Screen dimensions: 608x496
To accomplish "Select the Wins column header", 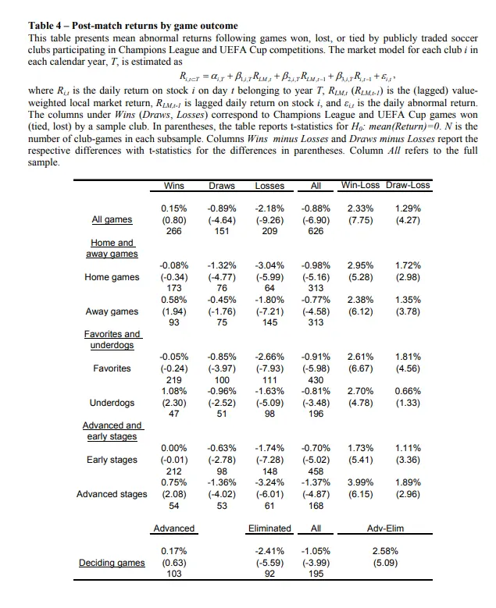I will [173, 186].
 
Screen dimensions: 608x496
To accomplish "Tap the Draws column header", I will [222, 186].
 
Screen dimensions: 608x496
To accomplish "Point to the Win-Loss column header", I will [360, 186].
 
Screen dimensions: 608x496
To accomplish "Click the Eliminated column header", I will [269, 528].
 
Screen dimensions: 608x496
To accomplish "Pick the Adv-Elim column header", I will [384, 528].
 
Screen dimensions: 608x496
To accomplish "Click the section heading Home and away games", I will [112, 248].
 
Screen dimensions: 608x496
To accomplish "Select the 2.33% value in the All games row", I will [360, 209].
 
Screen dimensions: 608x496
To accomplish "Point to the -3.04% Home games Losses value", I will [270, 266].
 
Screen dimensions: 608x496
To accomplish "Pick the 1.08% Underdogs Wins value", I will [173, 392].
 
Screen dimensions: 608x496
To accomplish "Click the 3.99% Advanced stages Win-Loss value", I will [360, 483].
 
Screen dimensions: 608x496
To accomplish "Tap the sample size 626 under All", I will [316, 231].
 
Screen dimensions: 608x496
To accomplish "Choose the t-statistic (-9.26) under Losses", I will [270, 220].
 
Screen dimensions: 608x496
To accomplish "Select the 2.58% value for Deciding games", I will [384, 551].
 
